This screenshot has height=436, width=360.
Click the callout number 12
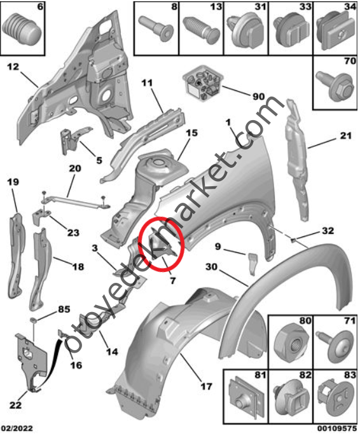13,67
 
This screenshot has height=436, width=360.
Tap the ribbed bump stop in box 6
22,29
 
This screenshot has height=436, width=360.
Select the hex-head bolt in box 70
335,86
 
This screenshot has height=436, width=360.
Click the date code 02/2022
17,428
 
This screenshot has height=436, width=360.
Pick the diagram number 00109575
337,428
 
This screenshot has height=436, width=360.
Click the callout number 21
345,136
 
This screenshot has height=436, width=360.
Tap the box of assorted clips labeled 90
202,83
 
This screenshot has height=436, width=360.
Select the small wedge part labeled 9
253,264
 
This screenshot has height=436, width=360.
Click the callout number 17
206,386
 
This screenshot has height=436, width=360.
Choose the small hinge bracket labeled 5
73,140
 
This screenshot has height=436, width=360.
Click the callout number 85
64,310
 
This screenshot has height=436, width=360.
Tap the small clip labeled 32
293,240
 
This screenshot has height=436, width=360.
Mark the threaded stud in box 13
201,29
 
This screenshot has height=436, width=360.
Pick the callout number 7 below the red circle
173,280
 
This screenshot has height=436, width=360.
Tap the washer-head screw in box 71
336,344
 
